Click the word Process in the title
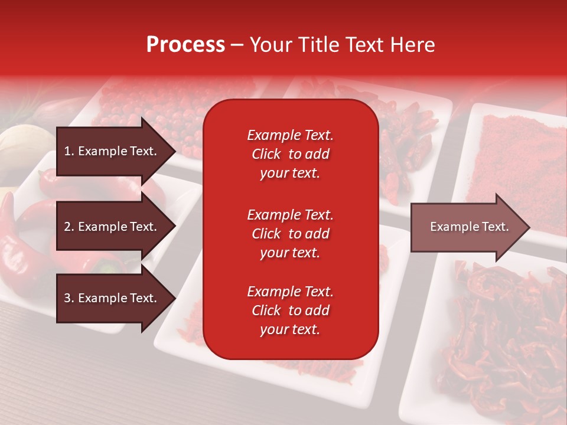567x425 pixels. [x=185, y=45]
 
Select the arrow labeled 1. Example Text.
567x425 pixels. [x=112, y=151]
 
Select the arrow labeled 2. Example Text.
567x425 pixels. [x=112, y=227]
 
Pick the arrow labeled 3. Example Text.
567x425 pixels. [x=112, y=299]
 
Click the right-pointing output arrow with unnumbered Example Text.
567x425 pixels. [x=469, y=227]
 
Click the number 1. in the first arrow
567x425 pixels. [x=69, y=151]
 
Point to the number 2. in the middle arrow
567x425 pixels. [x=69, y=227]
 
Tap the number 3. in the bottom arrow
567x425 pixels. [x=69, y=299]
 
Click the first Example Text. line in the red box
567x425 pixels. [x=290, y=135]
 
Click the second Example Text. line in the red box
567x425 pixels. [x=290, y=215]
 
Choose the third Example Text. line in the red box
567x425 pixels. [x=290, y=292]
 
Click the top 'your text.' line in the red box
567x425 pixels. [x=290, y=174]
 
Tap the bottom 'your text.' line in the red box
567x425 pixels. [x=290, y=330]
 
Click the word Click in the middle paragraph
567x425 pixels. [x=266, y=234]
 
